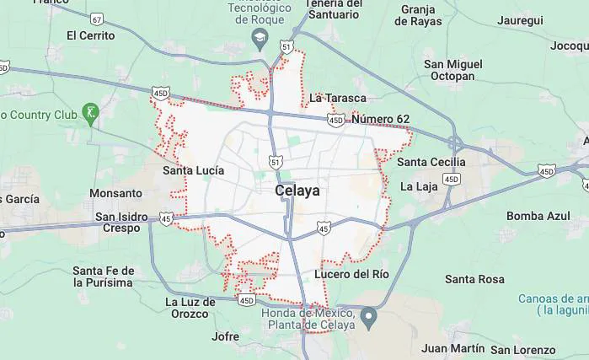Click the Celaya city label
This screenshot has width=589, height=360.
(x=297, y=191)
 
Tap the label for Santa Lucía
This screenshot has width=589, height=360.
(x=193, y=170)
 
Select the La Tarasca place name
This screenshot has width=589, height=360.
(x=338, y=98)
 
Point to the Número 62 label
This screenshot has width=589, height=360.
(x=381, y=119)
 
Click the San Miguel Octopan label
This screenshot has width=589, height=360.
(x=453, y=70)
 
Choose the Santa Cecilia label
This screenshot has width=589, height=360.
(x=431, y=162)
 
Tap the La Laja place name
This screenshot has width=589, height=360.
(x=418, y=185)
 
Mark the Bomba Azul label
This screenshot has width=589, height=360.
(x=538, y=216)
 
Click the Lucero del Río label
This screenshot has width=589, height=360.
(x=351, y=274)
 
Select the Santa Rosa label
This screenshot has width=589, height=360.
(x=474, y=279)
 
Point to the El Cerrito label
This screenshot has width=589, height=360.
(x=90, y=35)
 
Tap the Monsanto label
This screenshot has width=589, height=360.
(x=115, y=193)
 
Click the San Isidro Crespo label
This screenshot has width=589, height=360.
(x=120, y=223)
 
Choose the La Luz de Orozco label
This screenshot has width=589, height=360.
(x=186, y=308)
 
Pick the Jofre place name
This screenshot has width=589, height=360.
(x=225, y=336)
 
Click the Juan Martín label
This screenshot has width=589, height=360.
(x=452, y=347)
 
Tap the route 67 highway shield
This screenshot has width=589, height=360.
(x=98, y=19)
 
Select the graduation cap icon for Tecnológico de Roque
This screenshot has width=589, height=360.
(x=260, y=39)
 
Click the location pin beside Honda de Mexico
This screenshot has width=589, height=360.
(x=368, y=318)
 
